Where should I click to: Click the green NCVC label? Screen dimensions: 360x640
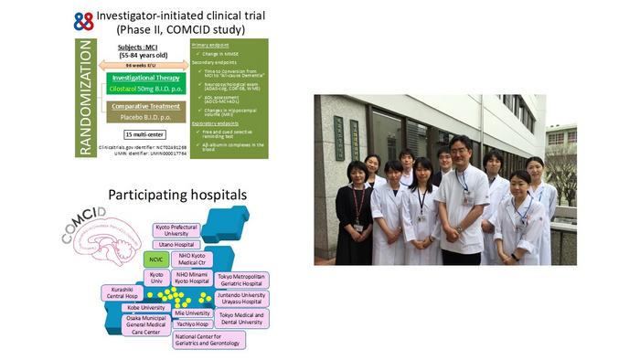click(153, 259)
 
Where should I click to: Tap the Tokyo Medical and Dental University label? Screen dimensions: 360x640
click(240, 318)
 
